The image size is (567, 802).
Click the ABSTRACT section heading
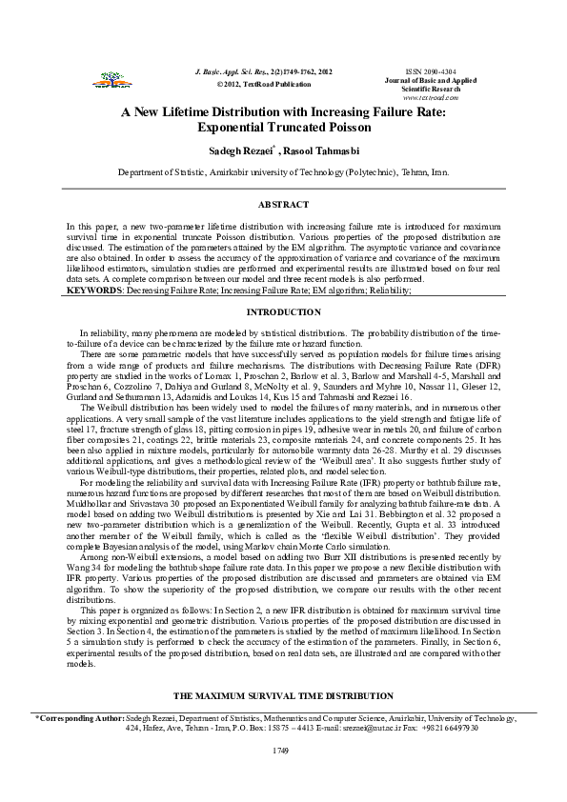click(283, 205)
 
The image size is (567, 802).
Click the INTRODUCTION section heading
click(283, 312)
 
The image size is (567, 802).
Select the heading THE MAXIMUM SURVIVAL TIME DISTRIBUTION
click(283, 696)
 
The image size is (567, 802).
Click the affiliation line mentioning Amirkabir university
click(283, 173)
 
